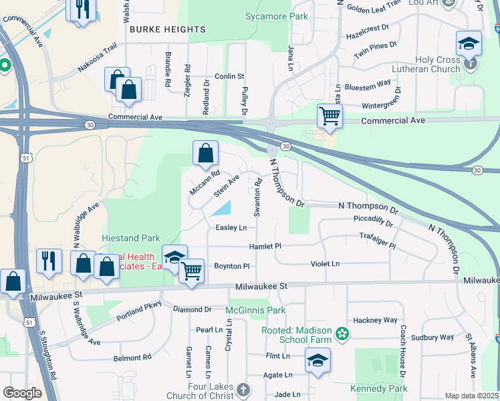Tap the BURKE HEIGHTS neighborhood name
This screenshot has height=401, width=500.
[167, 29]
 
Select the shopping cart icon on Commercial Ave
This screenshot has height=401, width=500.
[330, 116]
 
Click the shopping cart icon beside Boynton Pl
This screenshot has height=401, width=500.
[192, 271]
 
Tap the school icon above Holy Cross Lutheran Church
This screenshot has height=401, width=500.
[469, 44]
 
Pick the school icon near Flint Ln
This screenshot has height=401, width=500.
[318, 360]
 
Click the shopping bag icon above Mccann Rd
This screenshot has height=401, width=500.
[206, 153]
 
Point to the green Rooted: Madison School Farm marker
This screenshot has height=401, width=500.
[342, 333]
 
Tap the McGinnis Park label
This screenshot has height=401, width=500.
[255, 310]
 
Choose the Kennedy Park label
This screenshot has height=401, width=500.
[378, 388]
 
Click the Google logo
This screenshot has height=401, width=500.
[21, 393]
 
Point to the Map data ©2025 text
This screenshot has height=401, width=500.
[471, 396]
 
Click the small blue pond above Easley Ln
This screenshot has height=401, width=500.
[221, 209]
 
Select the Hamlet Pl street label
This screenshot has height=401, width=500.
[265, 247]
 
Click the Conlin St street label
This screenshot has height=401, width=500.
[229, 77]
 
